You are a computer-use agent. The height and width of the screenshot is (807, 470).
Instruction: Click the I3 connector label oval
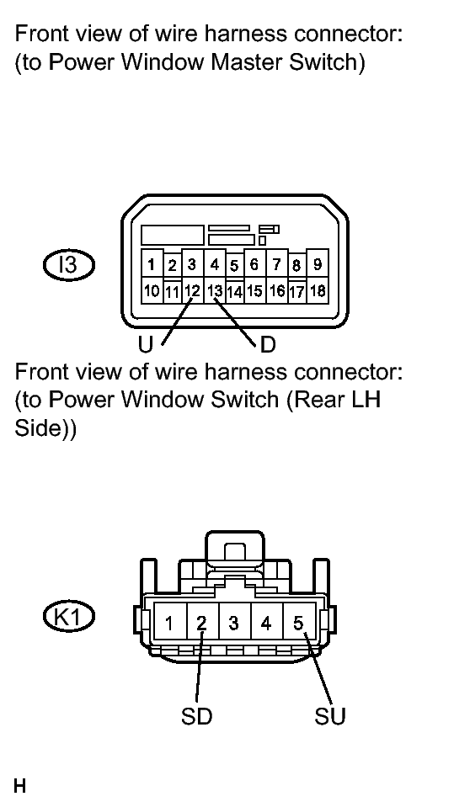click(x=68, y=266)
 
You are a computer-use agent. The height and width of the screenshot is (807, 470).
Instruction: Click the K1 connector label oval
click(x=68, y=617)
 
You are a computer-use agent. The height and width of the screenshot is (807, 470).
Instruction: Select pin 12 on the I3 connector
click(x=193, y=291)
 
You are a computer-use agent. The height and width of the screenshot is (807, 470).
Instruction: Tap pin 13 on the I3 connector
click(x=215, y=291)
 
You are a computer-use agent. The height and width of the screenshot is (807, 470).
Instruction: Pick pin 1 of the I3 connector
click(x=152, y=265)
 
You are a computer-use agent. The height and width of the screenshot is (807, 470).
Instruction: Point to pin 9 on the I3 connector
click(x=318, y=264)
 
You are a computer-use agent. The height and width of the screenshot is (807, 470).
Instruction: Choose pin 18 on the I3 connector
click(x=318, y=291)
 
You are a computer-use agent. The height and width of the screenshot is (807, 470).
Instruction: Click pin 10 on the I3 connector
click(x=152, y=291)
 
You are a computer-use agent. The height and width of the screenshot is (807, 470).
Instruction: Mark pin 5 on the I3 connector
click(x=234, y=266)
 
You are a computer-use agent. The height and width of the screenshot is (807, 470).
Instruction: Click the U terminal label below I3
click(x=146, y=345)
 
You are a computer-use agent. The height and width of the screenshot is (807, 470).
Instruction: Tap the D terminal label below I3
click(x=268, y=345)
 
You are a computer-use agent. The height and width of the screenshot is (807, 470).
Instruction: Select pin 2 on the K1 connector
click(x=202, y=624)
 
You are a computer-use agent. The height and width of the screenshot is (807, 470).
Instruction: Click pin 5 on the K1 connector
click(x=299, y=624)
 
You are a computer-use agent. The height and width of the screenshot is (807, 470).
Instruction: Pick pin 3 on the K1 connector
click(x=234, y=624)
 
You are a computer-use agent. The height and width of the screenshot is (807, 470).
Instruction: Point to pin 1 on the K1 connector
click(x=169, y=624)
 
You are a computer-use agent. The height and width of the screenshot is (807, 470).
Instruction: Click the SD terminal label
click(x=196, y=716)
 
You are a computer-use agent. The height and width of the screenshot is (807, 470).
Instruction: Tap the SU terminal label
click(x=330, y=716)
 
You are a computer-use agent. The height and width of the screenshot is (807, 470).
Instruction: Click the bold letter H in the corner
click(x=19, y=787)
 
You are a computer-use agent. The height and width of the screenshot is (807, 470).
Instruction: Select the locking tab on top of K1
click(x=234, y=550)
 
